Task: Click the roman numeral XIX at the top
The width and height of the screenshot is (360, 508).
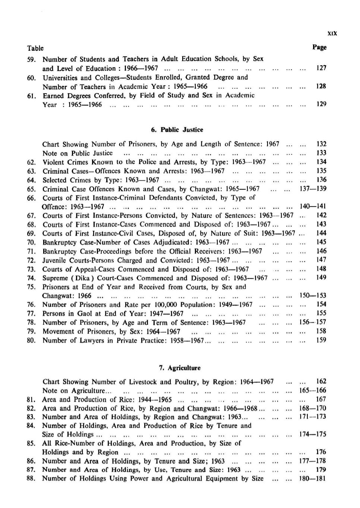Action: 332,33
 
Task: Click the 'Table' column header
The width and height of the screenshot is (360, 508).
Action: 35,48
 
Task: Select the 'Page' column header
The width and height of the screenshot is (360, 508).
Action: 319,47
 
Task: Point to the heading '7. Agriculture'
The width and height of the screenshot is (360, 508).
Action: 180,368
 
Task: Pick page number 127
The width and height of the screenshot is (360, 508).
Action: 321,68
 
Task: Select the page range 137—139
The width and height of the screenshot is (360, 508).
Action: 313,189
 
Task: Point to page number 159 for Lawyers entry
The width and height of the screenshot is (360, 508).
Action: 321,340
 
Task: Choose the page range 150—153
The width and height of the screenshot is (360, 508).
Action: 313,295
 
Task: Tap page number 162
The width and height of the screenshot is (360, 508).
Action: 321,381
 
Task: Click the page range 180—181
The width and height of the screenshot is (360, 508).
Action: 313,478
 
